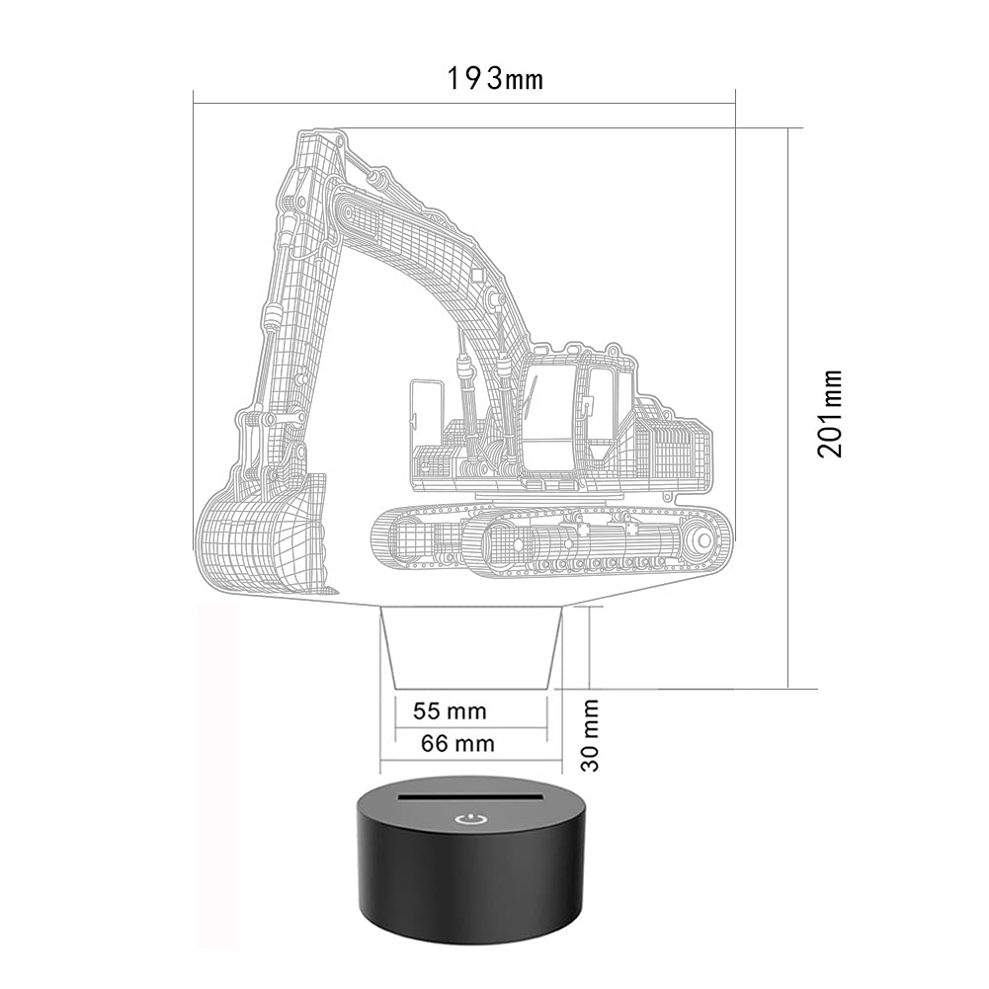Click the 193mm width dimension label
[494, 79]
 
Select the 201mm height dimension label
[830, 414]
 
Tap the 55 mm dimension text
[450, 711]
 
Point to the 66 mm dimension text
[457, 744]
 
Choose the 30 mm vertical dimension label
[590, 735]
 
